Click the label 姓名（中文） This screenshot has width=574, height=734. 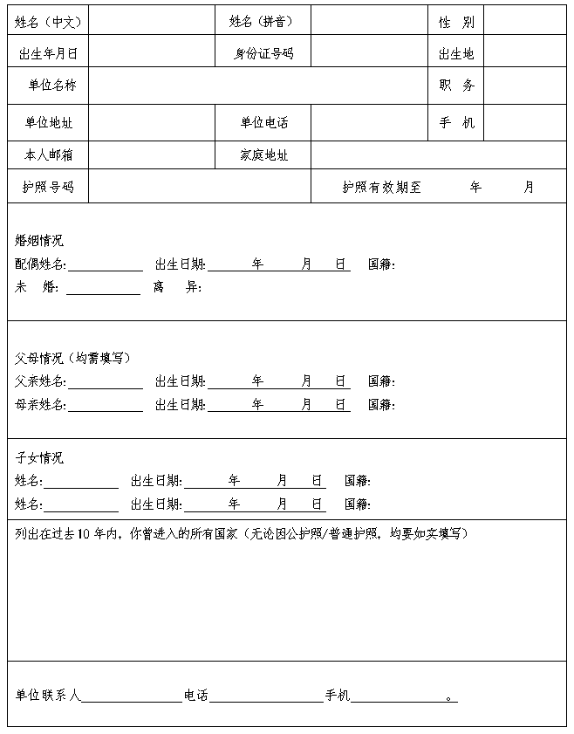(48, 22)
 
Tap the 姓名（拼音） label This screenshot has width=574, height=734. (261, 22)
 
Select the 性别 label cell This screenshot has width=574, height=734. (456, 22)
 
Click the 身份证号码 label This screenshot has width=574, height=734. (263, 54)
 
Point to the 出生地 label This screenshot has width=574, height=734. (456, 54)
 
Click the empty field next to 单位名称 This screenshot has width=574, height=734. (258, 86)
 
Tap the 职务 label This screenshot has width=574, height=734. (456, 86)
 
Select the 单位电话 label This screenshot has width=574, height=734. (263, 123)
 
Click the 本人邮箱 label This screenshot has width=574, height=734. (48, 155)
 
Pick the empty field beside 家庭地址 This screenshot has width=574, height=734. (438, 155)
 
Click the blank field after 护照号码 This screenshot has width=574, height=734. (199, 187)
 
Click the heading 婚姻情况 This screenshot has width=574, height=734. (39, 241)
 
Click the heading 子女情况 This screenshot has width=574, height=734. (39, 458)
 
